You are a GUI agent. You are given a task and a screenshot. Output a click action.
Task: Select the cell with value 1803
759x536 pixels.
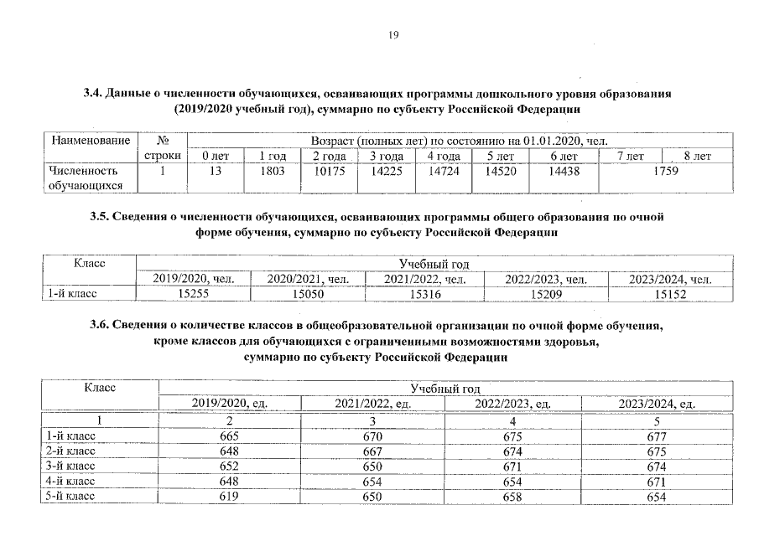pyautogui.click(x=273, y=171)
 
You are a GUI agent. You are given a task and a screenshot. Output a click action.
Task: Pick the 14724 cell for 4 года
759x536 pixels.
pyautogui.click(x=443, y=171)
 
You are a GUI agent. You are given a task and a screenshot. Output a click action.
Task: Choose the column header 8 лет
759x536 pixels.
pyautogui.click(x=697, y=156)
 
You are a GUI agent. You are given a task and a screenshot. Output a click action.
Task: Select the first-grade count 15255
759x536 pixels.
pyautogui.click(x=195, y=294)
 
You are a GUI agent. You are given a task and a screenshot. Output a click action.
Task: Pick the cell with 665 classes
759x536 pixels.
pyautogui.click(x=229, y=436)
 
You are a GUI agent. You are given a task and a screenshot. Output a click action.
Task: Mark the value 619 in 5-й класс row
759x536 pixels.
pyautogui.click(x=229, y=497)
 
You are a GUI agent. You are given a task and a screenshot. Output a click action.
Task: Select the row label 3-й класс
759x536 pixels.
pyautogui.click(x=71, y=466)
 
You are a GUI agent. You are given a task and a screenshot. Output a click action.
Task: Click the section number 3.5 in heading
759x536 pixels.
pyautogui.click(x=99, y=216)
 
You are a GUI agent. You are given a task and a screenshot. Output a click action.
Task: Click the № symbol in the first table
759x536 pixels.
pyautogui.click(x=164, y=141)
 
